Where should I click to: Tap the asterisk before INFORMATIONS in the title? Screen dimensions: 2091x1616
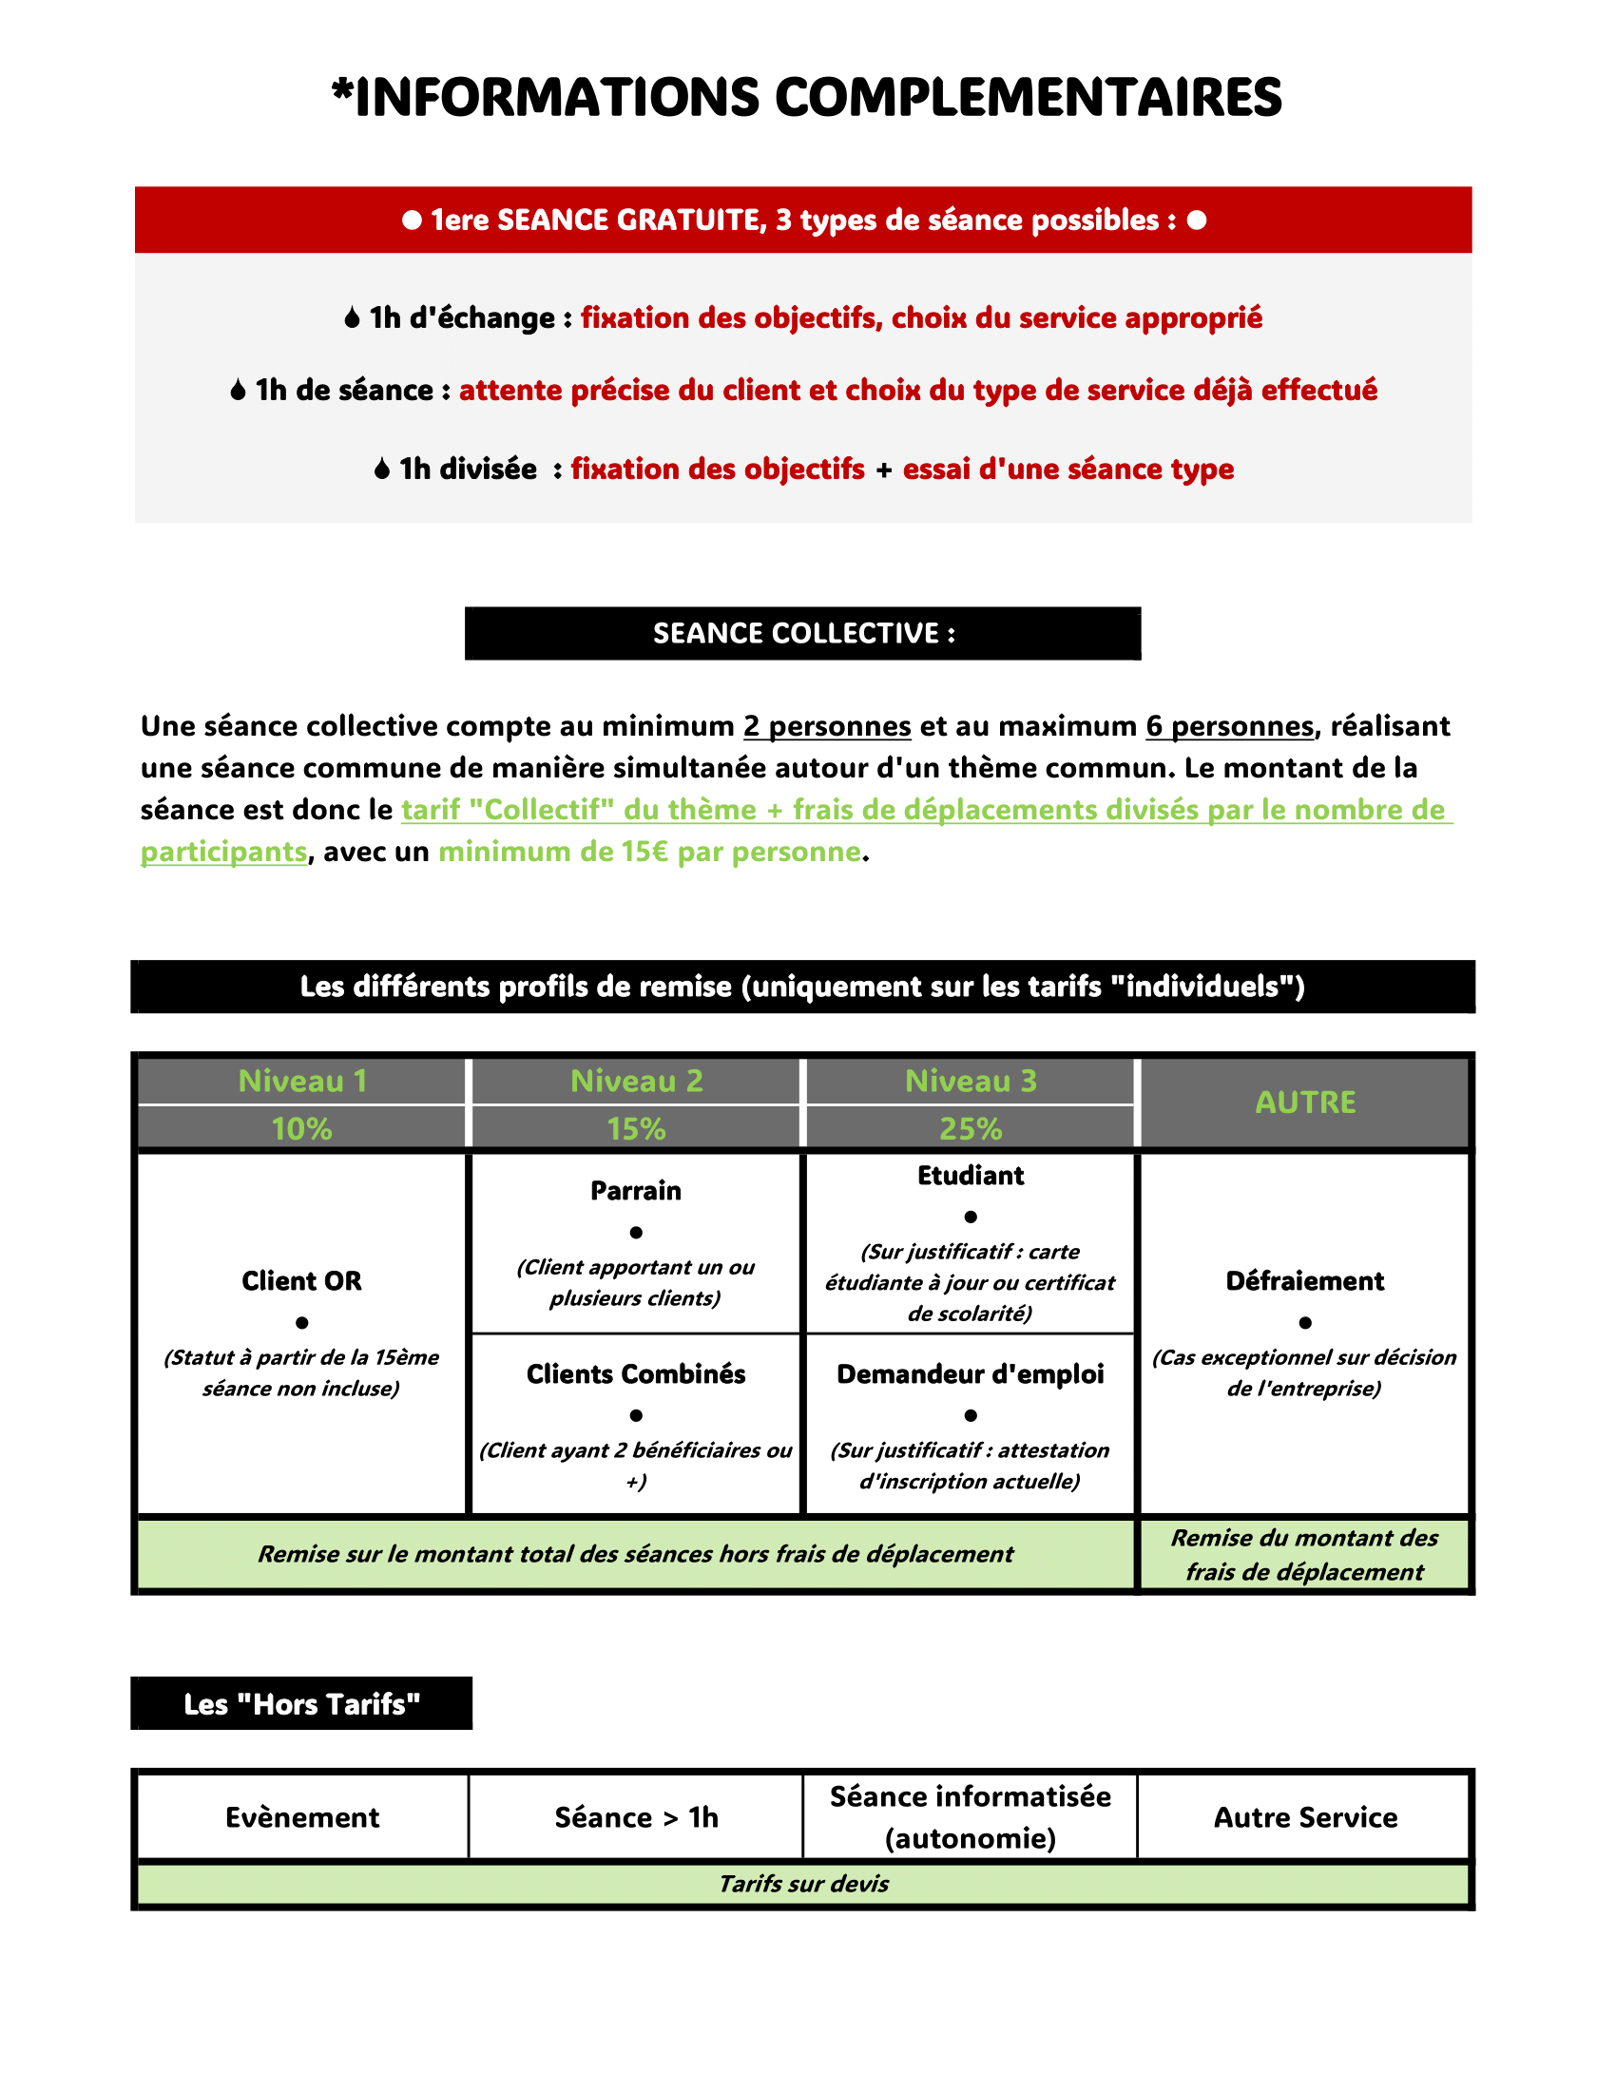pos(342,92)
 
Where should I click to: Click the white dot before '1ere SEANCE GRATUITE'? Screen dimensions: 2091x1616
pos(412,221)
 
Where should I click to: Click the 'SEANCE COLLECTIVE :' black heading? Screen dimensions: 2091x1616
pos(803,633)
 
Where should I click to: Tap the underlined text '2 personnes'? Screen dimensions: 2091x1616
pos(827,726)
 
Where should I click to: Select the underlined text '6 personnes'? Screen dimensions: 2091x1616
pos(1229,726)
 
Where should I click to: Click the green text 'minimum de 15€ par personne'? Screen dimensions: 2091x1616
pos(650,852)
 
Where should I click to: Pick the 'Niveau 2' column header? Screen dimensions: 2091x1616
pos(637,1081)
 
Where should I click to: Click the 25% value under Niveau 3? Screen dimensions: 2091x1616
pos(970,1129)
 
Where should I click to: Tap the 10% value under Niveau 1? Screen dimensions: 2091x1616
pos(301,1129)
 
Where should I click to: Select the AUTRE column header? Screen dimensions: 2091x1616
pos(1305,1102)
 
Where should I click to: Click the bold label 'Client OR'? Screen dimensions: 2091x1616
pos(301,1281)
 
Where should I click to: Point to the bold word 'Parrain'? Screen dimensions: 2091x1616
pos(636,1191)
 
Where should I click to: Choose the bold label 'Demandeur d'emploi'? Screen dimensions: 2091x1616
pos(970,1374)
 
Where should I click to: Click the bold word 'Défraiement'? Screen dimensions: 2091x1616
pos(1305,1281)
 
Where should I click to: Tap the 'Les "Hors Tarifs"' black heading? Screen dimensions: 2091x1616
pos(301,1704)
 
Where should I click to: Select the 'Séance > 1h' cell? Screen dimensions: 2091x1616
pos(637,1817)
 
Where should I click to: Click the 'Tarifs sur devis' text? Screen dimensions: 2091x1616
pos(803,1883)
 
